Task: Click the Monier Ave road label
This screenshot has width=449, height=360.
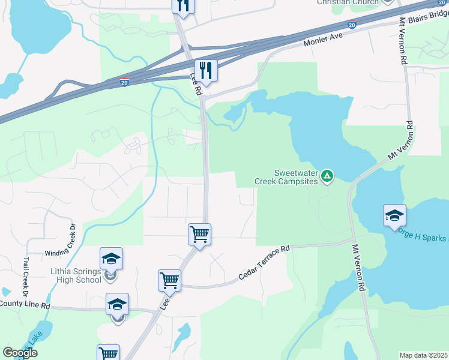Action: coord(322,41)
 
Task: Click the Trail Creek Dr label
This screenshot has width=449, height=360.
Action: coord(26,277)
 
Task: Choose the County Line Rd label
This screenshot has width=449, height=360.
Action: coord(24,305)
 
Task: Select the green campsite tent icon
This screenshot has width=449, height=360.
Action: coord(327,176)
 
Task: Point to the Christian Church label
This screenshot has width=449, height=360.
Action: coord(348,2)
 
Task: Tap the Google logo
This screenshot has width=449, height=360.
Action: coord(20,353)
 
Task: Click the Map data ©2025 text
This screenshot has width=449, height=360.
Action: coord(424,355)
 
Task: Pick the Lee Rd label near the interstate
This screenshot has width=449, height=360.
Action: coord(196,84)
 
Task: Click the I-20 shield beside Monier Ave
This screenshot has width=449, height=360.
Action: coord(352,25)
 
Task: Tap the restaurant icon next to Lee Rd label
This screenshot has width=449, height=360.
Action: coord(206,70)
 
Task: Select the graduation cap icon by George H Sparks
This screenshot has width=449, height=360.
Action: coord(394,215)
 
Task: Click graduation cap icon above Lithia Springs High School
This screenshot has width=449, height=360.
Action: coord(111,259)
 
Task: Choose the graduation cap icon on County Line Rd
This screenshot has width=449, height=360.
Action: coord(117,304)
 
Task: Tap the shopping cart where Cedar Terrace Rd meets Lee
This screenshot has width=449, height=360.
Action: coord(170,280)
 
